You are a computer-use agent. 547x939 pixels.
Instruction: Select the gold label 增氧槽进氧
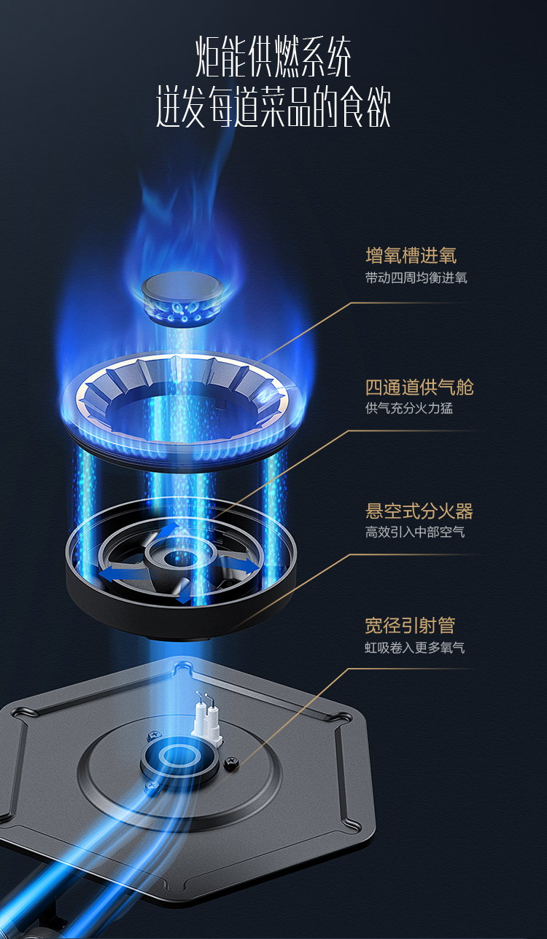coord(411,256)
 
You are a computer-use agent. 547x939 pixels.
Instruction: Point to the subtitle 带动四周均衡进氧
coord(416,278)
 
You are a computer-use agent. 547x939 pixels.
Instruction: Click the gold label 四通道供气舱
coord(419,387)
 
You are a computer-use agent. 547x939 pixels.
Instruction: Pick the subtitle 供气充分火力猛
coord(408,408)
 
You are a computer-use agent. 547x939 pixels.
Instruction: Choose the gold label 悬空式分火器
coord(419,511)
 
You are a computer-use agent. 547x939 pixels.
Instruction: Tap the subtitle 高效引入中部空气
coord(414,532)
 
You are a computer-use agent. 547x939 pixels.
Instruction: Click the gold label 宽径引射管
coord(410,625)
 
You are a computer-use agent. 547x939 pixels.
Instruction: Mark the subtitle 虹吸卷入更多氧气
coord(414,647)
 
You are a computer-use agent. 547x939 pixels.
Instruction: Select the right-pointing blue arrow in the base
coord(243,566)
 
